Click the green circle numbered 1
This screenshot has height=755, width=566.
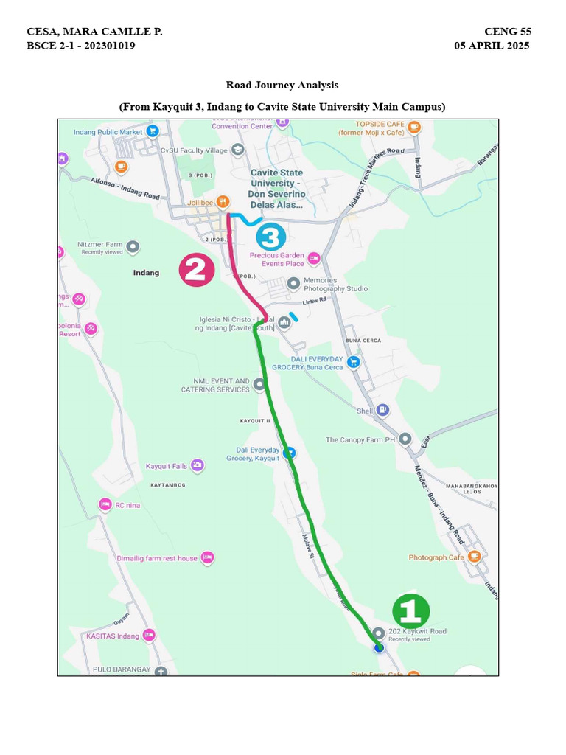click(x=410, y=611)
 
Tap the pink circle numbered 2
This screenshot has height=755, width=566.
click(x=197, y=270)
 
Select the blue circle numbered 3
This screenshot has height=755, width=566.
click(x=271, y=237)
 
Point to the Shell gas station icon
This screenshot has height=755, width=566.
click(x=382, y=410)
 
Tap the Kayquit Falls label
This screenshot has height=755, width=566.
click(x=167, y=466)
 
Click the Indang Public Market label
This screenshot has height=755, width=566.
click(x=108, y=132)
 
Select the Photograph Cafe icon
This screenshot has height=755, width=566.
click(x=475, y=557)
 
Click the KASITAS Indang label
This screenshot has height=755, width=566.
click(x=113, y=636)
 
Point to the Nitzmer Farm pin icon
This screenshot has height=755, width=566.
click(x=133, y=247)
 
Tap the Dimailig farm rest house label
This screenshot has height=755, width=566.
click(x=157, y=558)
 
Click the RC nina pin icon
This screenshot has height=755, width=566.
click(x=105, y=505)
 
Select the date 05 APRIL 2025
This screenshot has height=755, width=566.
click(x=492, y=46)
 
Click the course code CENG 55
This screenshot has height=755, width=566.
click(x=507, y=32)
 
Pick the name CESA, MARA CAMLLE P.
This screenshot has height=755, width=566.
click(x=94, y=32)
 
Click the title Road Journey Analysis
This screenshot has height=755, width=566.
click(x=282, y=86)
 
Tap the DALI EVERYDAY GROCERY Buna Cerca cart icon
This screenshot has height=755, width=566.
click(x=354, y=361)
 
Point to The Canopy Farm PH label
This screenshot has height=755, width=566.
click(x=361, y=440)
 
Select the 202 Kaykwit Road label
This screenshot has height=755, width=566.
click(x=417, y=632)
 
